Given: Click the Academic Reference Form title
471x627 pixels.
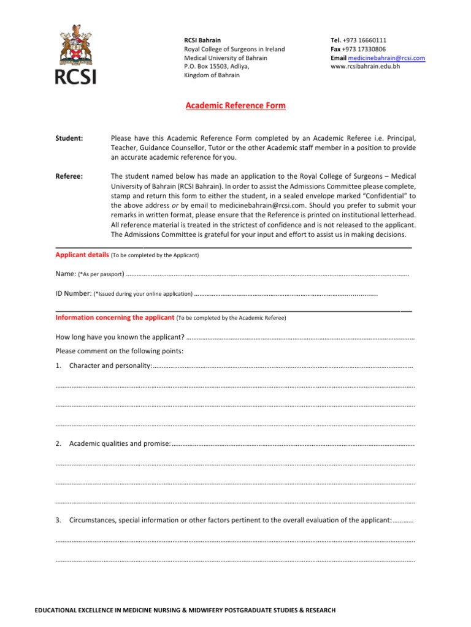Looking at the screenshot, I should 235,105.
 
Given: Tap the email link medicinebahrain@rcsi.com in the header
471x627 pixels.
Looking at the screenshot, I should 386,58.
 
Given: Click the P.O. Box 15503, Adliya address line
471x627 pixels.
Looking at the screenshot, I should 217,66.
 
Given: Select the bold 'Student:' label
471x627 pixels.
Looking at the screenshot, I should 69,138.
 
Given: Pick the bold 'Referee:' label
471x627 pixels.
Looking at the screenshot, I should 69,176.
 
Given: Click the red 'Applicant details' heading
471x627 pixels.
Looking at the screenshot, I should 82,254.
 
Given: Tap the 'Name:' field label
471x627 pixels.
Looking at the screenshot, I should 66,274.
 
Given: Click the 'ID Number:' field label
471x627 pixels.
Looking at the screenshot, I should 74,293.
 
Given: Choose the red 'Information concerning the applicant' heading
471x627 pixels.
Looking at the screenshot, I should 115,318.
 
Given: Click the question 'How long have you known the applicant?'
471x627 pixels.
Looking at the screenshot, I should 120,337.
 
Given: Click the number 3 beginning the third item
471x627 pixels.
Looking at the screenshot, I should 58,520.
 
